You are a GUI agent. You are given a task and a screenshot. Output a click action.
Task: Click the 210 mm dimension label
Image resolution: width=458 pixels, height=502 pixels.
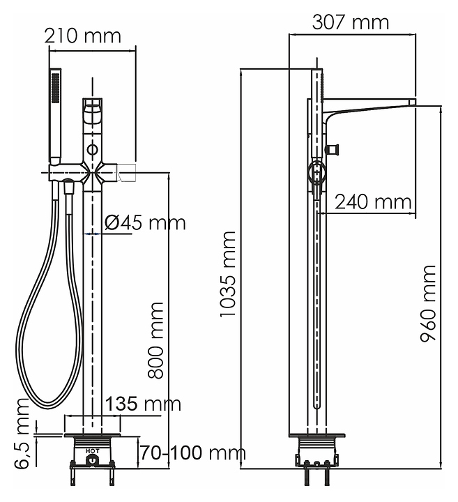click(x=82, y=36)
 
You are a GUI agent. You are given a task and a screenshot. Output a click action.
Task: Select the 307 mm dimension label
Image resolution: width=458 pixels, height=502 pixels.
click(x=351, y=22)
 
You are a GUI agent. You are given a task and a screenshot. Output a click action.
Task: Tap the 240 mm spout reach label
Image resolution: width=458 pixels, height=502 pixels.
click(x=373, y=201)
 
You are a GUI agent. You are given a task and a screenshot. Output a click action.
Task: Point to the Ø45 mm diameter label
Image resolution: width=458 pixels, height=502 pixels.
click(x=145, y=222)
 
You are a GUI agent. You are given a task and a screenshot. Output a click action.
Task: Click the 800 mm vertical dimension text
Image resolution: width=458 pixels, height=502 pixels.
click(x=156, y=340)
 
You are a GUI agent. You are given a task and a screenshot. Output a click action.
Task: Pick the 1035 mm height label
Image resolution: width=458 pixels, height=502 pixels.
click(x=227, y=274)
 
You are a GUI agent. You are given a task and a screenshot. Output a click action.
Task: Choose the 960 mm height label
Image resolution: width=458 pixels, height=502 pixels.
click(x=428, y=303)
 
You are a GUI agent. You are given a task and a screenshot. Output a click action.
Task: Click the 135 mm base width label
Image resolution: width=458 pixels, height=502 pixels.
click(x=143, y=404)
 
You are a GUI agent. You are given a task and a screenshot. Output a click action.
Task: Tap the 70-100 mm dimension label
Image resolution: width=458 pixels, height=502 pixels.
click(x=193, y=452)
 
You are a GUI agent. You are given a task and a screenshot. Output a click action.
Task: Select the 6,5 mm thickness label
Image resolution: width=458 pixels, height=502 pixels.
click(x=22, y=434)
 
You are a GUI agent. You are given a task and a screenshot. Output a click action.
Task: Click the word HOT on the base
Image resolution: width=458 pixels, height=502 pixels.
click(x=93, y=451)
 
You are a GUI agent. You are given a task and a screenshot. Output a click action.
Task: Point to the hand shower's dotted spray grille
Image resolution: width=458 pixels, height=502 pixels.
click(x=55, y=88)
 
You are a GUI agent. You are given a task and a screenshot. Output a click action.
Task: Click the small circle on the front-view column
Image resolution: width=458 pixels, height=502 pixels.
click(x=93, y=149)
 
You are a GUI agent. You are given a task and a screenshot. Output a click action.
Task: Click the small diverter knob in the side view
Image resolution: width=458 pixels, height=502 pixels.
click(x=332, y=149)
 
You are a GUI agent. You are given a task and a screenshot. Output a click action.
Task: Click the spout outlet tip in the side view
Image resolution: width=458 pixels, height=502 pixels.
click(x=412, y=102)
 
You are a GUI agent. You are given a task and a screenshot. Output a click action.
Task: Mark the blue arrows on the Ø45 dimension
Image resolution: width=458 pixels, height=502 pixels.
click(x=92, y=234)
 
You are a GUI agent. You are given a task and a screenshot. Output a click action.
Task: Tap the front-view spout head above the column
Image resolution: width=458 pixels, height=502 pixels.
click(x=93, y=114)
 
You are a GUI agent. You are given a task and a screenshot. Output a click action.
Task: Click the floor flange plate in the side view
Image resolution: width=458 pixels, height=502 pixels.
click(x=317, y=435)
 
